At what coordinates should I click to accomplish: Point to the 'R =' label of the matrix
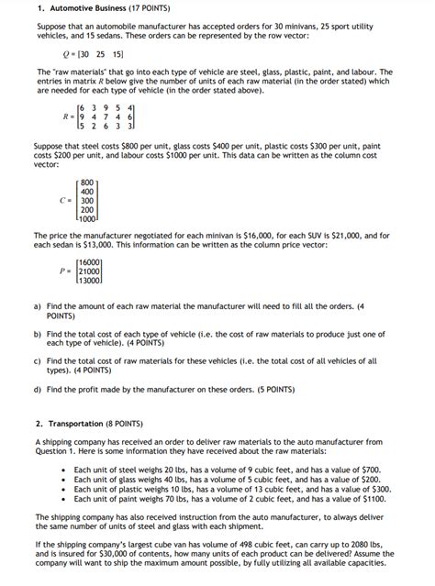tap(67, 116)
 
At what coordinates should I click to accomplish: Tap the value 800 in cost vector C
tap(87, 182)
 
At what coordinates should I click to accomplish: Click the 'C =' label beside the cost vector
tap(65, 200)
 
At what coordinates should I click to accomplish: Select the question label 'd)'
tap(37, 389)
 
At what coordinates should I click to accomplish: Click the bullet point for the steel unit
tap(61, 470)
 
